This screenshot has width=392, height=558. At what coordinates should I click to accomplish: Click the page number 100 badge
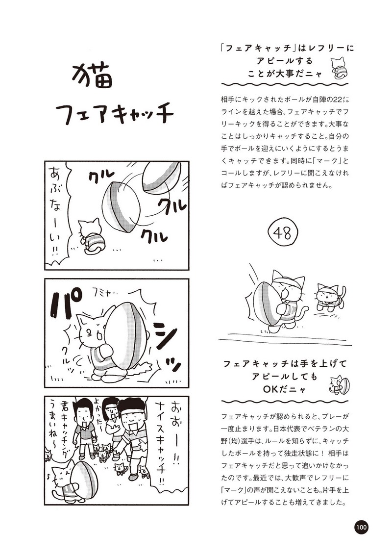click(361, 527)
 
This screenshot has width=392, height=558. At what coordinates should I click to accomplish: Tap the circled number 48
click(283, 233)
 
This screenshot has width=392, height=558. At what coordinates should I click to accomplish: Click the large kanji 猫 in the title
click(92, 76)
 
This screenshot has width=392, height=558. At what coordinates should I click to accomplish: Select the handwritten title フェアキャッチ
click(115, 113)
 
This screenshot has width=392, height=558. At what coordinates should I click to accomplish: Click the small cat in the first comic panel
click(90, 236)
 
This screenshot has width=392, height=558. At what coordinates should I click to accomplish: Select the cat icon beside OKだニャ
click(339, 384)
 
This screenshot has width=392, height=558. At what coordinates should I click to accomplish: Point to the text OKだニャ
click(285, 389)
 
